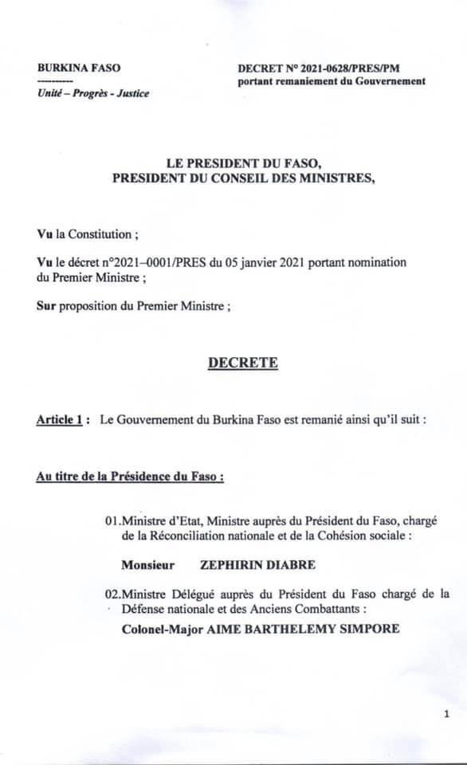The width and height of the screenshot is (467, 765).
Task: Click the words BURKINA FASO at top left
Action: tap(79, 69)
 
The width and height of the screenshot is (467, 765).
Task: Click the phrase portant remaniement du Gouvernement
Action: tap(331, 81)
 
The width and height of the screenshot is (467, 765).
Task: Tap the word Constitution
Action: tap(100, 235)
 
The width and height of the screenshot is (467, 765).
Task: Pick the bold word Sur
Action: tap(46, 305)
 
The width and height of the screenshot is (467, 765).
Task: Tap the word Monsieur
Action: tap(147, 565)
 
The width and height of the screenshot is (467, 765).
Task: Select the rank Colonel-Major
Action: tap(162, 629)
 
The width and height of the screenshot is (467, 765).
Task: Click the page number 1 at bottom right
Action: tap(446, 715)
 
